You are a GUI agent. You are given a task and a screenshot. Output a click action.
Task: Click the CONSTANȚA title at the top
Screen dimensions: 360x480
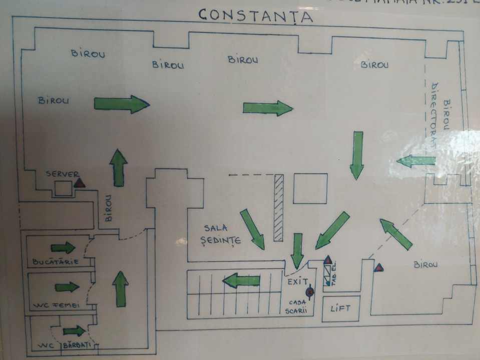255,15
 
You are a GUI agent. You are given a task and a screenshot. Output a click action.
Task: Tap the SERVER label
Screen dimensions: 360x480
62,174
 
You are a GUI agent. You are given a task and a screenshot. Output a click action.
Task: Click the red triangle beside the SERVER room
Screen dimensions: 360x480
80,183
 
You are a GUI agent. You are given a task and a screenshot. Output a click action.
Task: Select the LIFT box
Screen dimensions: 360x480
340,308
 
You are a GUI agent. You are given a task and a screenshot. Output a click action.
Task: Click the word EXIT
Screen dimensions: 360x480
298,282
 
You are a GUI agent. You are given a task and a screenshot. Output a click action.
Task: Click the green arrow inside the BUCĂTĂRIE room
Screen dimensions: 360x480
63,247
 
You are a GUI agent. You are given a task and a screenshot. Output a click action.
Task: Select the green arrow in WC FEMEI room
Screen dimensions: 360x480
67,287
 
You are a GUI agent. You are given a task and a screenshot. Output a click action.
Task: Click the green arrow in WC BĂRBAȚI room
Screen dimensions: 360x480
74,331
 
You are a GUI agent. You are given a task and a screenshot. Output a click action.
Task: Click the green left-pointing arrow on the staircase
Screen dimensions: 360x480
241,281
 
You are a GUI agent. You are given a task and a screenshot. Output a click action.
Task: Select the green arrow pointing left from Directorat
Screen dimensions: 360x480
416,161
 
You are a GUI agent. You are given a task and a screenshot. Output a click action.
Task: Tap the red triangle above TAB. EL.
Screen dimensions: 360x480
328,260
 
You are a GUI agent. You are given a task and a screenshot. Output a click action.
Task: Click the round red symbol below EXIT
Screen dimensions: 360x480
310,291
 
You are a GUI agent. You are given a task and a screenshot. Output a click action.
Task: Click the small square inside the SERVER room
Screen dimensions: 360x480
63,188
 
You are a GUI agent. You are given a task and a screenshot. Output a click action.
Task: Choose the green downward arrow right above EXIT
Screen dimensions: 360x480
297,250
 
